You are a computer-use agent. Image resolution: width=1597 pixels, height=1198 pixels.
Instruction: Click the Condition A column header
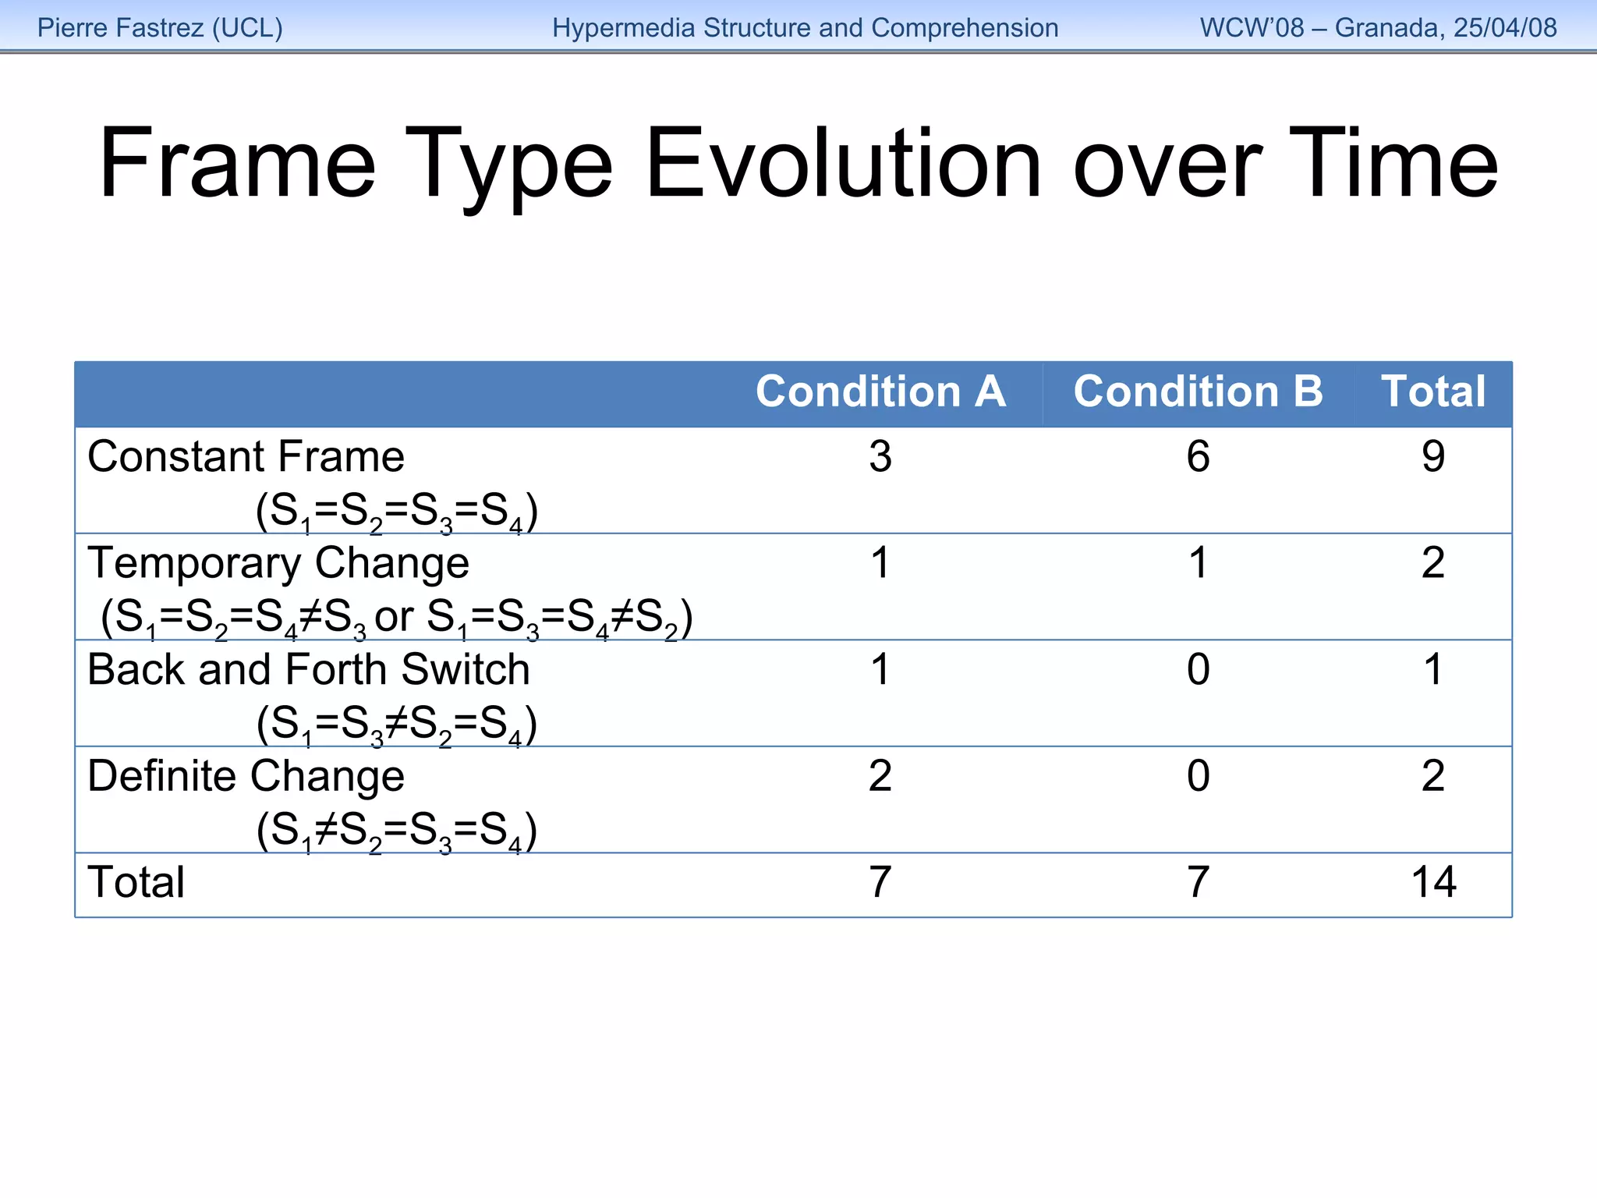point(880,392)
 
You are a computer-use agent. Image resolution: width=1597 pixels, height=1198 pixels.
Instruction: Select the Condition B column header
point(1198,392)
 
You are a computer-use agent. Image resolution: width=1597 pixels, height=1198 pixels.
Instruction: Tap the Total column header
point(1433,392)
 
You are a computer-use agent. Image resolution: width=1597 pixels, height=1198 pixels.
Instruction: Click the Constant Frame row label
point(246,456)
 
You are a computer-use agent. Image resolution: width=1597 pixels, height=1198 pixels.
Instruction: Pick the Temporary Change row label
point(278,563)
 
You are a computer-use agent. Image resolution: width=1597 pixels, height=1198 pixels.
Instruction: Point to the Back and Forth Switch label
point(309,670)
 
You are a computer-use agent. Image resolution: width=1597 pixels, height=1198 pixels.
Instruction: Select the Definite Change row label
point(246,776)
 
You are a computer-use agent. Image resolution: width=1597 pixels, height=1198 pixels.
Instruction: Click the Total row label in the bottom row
point(136,883)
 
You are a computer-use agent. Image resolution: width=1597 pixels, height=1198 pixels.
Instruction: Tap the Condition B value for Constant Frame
point(1198,457)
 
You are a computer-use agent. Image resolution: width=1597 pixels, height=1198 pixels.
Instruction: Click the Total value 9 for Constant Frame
point(1433,457)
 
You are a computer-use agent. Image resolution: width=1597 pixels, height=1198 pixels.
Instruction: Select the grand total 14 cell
point(1433,883)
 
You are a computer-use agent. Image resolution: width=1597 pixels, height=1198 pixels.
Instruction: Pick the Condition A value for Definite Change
point(880,777)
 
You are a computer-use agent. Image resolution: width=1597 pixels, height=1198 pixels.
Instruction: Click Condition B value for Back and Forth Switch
point(1198,670)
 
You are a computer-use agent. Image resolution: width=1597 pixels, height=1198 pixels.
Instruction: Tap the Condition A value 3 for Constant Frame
point(880,457)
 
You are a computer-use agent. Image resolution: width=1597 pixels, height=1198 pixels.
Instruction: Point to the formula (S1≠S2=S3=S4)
point(397,831)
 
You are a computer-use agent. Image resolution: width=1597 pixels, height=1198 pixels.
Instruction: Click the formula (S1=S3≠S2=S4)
point(397,725)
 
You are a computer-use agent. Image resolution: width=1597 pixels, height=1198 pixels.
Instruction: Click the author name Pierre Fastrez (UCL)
point(160,28)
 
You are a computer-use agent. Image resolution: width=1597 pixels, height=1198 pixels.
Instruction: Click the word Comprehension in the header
point(965,28)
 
